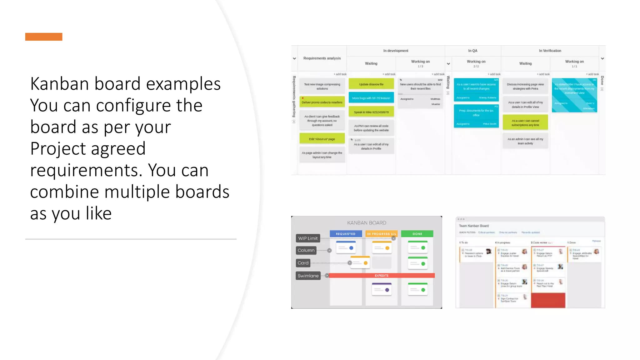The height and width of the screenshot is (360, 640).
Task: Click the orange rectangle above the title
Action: (x=44, y=37)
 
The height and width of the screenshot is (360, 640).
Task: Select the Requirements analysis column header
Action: (x=322, y=58)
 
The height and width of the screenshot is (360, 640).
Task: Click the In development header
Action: (x=396, y=51)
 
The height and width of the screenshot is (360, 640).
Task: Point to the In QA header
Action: (x=472, y=51)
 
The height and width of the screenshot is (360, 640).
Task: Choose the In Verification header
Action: (x=550, y=51)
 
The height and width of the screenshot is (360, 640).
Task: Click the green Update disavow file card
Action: (x=371, y=84)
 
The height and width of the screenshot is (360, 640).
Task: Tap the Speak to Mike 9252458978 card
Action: (x=371, y=112)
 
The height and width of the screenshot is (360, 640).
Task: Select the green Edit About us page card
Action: (x=322, y=139)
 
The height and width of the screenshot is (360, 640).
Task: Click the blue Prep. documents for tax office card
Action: (x=476, y=116)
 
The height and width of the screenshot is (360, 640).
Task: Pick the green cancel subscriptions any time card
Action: (x=525, y=122)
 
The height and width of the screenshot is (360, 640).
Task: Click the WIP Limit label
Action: (x=308, y=238)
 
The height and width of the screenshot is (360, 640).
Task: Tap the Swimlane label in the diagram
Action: (x=308, y=276)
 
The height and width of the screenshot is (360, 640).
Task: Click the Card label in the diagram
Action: (x=303, y=263)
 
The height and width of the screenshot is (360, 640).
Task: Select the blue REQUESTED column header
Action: (x=345, y=234)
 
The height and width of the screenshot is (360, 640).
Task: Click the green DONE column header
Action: (x=417, y=234)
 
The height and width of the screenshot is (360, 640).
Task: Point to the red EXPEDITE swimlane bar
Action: (x=381, y=276)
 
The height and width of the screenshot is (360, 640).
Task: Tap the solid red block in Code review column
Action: (x=548, y=300)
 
